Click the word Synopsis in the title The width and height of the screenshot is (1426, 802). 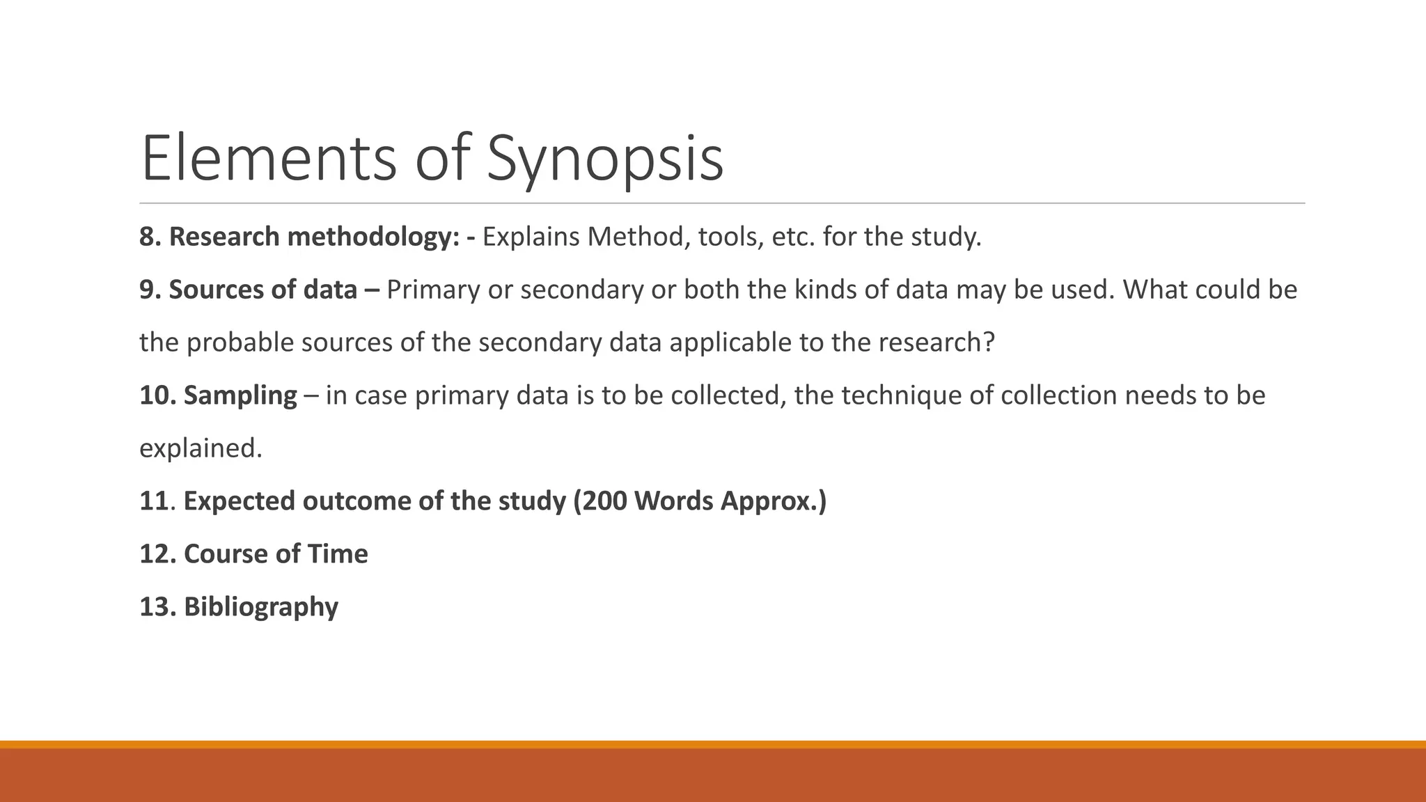click(x=604, y=159)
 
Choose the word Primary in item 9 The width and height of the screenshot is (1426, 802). click(x=433, y=290)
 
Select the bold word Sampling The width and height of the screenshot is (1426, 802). click(x=240, y=395)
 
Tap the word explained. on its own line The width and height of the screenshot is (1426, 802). click(x=201, y=448)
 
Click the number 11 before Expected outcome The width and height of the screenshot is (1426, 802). click(x=154, y=501)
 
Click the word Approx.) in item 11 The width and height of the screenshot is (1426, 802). click(x=773, y=501)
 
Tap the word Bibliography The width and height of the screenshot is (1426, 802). click(x=261, y=607)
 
